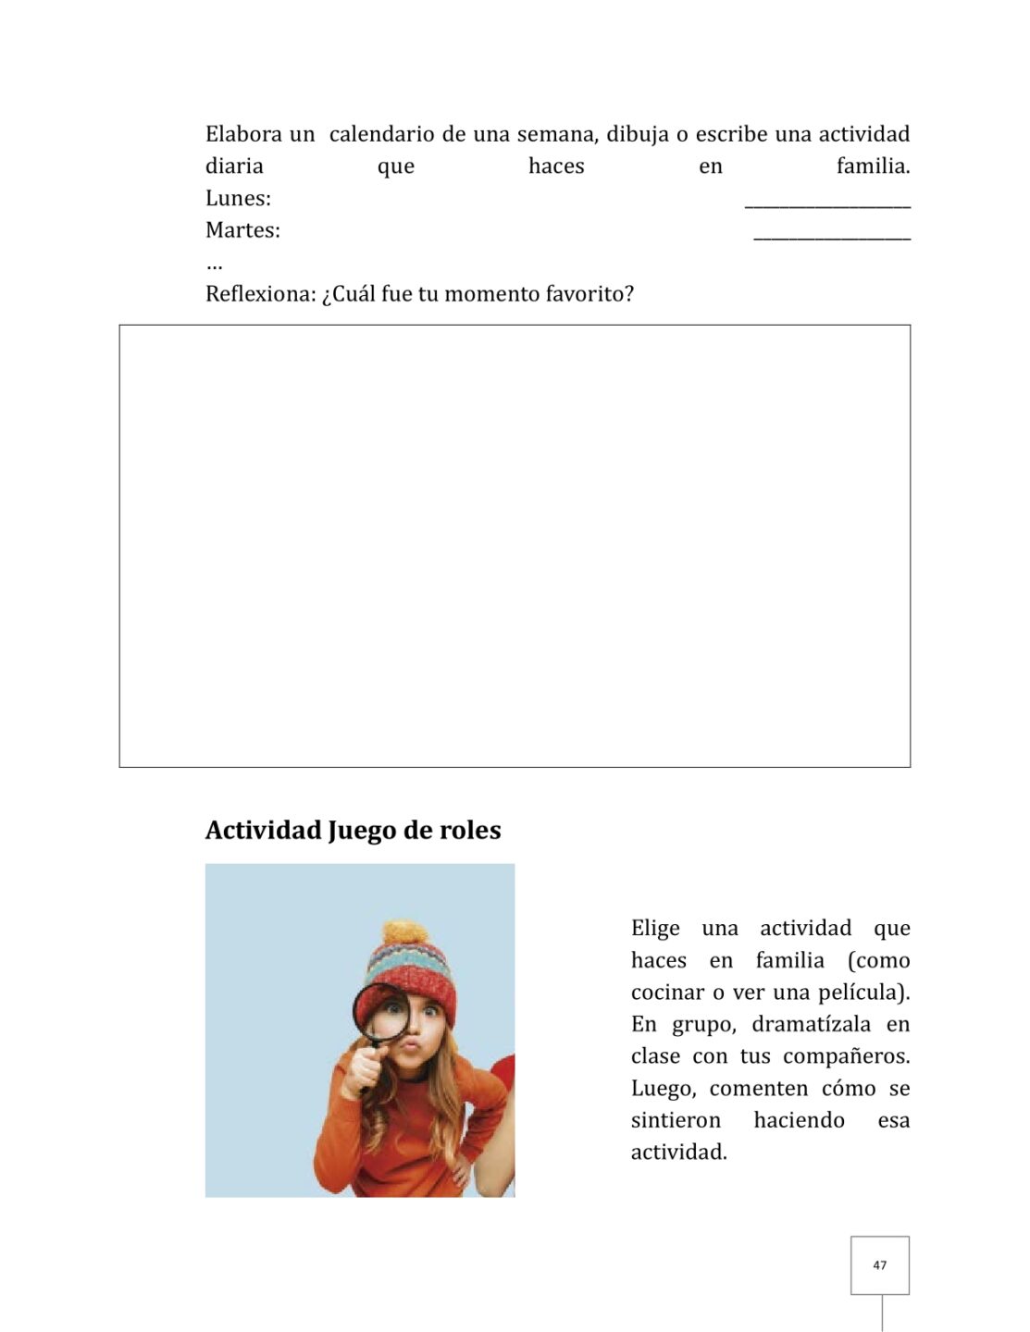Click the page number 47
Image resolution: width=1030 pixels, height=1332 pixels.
click(x=879, y=1265)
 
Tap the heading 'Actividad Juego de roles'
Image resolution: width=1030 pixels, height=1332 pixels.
click(x=353, y=831)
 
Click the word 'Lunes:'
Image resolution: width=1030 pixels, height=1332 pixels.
click(x=238, y=199)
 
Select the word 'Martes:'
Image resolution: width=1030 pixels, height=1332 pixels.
click(x=242, y=230)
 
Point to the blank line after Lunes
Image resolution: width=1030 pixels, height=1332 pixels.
click(x=826, y=205)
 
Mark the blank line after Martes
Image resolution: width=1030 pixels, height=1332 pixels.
click(x=831, y=238)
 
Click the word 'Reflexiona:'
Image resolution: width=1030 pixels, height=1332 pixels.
click(x=260, y=294)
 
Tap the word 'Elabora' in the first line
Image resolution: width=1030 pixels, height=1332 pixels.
click(x=243, y=134)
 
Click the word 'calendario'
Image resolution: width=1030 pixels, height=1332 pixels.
click(x=381, y=134)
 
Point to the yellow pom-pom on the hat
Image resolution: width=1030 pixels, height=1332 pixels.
click(x=404, y=932)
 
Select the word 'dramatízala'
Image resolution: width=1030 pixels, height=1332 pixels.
click(x=811, y=1025)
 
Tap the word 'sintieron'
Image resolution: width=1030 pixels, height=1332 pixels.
click(x=676, y=1120)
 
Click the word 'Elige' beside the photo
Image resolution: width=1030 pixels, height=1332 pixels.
click(x=655, y=928)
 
